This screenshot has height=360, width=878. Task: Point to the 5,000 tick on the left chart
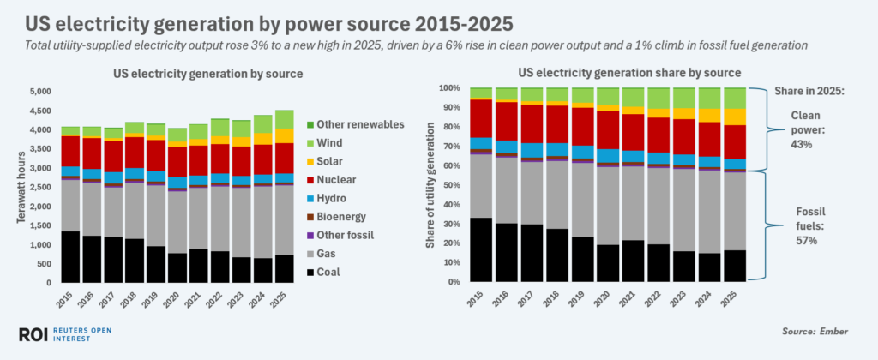(x=40, y=92)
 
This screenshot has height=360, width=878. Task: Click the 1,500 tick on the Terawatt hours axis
(x=40, y=225)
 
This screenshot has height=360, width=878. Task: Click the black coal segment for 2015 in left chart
(x=71, y=256)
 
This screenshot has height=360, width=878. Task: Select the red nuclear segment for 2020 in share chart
(x=609, y=129)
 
